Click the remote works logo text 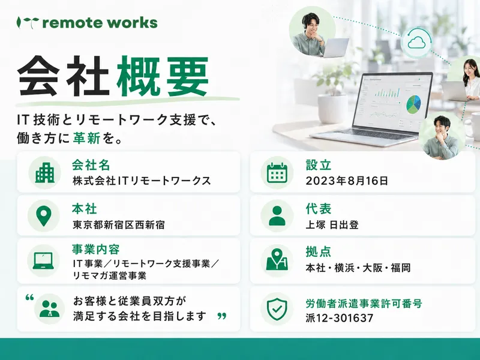100,23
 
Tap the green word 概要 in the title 163,77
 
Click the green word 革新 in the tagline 86,139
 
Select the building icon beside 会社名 44,173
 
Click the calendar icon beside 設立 277,173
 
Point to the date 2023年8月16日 347,181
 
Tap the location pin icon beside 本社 44,216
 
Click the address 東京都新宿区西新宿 119,225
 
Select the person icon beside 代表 277,216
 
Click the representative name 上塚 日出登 332,225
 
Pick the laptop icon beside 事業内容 43,261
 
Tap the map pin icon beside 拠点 277,259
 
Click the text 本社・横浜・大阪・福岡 358,268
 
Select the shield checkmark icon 277,309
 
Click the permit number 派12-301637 340,318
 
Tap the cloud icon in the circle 416,42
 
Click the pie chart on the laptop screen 413,104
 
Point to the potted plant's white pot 332,109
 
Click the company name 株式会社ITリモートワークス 142,181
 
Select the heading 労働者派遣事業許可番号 364,304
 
